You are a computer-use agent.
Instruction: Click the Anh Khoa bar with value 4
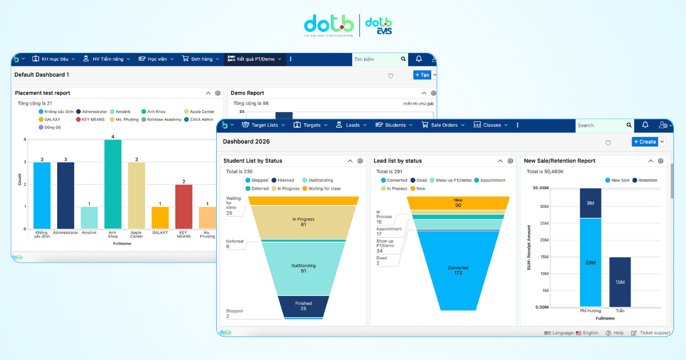113,184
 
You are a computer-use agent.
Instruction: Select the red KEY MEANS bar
184,206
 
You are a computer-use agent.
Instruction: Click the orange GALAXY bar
160,218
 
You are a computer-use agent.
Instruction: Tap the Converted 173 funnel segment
458,269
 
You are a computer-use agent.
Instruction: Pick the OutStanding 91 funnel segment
303,267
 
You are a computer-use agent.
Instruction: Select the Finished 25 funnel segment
303,305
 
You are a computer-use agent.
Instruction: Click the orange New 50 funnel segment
458,203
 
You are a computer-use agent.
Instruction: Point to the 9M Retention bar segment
591,203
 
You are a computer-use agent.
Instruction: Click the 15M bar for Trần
620,282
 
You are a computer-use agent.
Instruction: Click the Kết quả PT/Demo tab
254,59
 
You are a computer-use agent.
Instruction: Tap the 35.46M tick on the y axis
540,187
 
